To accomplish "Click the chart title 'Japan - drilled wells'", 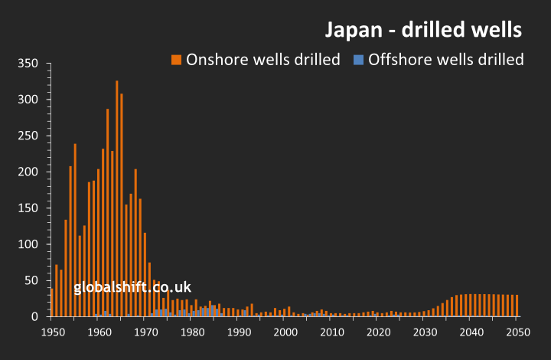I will (423, 30).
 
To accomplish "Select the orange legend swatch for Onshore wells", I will (177, 60).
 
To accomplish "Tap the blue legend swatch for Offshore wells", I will (358, 60).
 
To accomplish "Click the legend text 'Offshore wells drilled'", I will (446, 60).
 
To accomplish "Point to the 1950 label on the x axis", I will (52, 332).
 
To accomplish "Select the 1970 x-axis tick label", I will (145, 332).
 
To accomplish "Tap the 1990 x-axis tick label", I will (239, 332).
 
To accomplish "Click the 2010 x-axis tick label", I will (332, 332).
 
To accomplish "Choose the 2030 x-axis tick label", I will (425, 332).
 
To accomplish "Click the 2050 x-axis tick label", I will (517, 332).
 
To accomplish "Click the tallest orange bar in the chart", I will (117, 199).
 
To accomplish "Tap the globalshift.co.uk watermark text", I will (132, 288).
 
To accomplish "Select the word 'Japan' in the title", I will (351, 30).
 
